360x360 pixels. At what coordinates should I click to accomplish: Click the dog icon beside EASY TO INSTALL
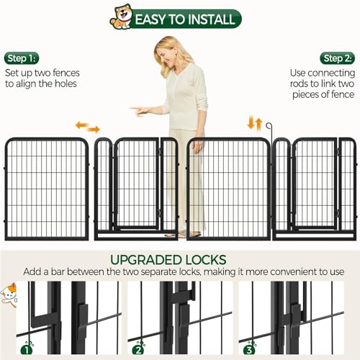121,17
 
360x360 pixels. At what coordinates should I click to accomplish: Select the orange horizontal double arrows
88,127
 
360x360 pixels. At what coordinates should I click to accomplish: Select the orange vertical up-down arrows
255,123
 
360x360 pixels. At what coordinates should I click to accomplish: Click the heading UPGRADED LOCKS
179,259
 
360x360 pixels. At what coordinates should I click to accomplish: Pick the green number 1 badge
27,351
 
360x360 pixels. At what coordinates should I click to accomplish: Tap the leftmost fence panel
47,189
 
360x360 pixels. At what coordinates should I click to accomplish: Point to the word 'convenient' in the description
286,273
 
